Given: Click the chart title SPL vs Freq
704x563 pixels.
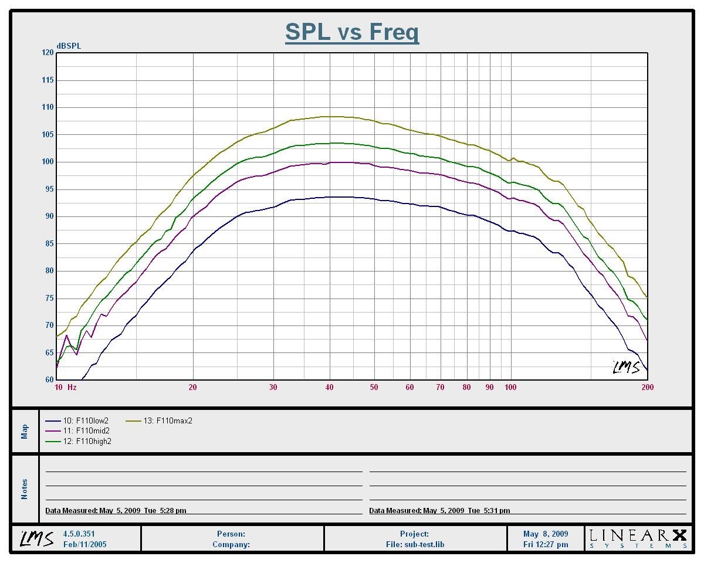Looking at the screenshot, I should coord(352,32).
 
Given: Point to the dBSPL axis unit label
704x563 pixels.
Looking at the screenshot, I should coord(69,46).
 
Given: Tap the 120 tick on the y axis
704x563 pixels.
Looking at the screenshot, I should coord(47,53).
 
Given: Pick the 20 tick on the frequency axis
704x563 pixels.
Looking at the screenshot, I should coord(192,387).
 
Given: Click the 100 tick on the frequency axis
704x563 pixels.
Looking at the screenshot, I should coord(510,387).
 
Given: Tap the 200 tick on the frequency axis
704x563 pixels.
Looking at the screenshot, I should coord(647,387).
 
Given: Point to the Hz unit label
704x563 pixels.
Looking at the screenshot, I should coord(72,387).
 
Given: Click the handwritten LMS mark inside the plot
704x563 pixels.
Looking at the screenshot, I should coord(626,368).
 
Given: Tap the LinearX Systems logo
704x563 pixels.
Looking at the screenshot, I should coord(638,538).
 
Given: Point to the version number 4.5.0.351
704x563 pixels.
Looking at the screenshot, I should coord(79,534).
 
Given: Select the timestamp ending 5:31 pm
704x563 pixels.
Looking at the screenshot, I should coord(439,511).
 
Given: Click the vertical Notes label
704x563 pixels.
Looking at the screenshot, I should coord(25,489).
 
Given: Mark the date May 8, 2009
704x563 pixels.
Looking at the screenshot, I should coord(546,534).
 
